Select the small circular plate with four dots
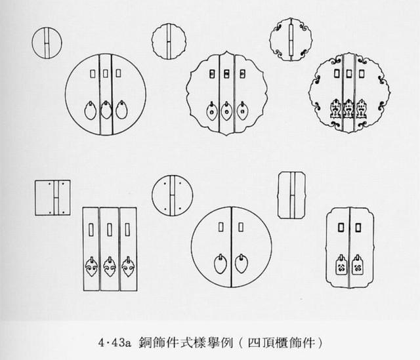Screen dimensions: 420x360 click(x=172, y=195)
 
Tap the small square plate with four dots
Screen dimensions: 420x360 click(x=52, y=198)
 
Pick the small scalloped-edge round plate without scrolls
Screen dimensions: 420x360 click(x=169, y=41)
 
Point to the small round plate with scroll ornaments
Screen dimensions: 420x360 click(x=291, y=39)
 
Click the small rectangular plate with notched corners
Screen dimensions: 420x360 click(x=292, y=195)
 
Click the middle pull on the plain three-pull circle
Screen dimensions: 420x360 click(x=106, y=110)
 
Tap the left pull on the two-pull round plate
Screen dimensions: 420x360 click(x=220, y=264)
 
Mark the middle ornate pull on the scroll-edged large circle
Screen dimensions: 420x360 click(x=348, y=109)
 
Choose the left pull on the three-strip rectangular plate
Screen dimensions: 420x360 click(x=92, y=267)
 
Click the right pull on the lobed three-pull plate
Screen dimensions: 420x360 click(x=242, y=111)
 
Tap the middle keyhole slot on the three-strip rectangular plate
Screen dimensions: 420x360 click(x=110, y=230)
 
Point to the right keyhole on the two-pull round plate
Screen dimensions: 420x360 click(x=241, y=227)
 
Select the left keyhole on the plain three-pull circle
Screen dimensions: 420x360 click(x=93, y=73)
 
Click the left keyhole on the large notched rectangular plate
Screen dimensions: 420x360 click(x=341, y=228)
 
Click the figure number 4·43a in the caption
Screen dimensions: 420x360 click(x=114, y=343)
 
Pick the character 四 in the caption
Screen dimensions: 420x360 click(x=254, y=343)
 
